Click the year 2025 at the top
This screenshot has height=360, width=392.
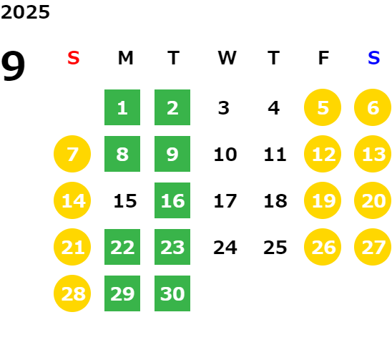pyautogui.click(x=25, y=12)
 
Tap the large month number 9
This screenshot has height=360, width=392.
pyautogui.click(x=13, y=66)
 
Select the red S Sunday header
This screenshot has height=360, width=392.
pyautogui.click(x=74, y=58)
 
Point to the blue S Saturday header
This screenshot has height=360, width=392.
pyautogui.click(x=374, y=58)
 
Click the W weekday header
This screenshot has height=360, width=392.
pyautogui.click(x=227, y=58)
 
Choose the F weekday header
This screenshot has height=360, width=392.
pyautogui.click(x=323, y=58)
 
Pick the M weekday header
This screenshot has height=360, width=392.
pyautogui.click(x=125, y=58)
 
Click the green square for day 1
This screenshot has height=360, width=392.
pyautogui.click(x=122, y=107)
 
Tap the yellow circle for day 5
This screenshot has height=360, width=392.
pyautogui.click(x=323, y=107)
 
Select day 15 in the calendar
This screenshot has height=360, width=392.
pyautogui.click(x=125, y=201)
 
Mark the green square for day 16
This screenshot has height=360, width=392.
pyautogui.click(x=172, y=200)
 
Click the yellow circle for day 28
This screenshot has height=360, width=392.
pyautogui.click(x=72, y=293)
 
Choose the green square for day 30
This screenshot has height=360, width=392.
pyautogui.click(x=172, y=293)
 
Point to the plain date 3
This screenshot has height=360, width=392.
pyautogui.click(x=224, y=108)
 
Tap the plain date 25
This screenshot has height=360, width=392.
pyautogui.click(x=275, y=248)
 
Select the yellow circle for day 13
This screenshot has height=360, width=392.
pyautogui.click(x=373, y=154)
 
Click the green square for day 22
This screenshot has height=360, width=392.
pyautogui.click(x=122, y=247)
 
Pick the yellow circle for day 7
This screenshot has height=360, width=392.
pyautogui.click(x=72, y=154)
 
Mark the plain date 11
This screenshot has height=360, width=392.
pyautogui.click(x=275, y=155)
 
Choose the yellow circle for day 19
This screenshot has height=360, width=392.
pyautogui.click(x=323, y=200)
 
